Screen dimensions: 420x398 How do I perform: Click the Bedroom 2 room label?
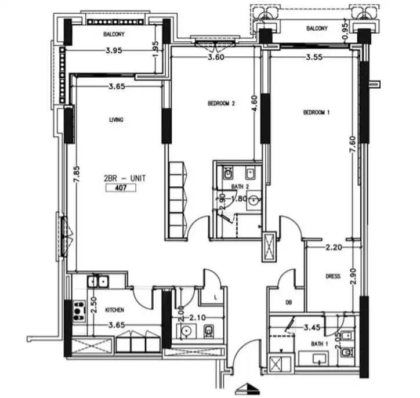point(221,103)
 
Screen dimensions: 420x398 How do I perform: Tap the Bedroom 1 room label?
point(316,112)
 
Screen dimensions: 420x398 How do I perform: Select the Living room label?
point(116,120)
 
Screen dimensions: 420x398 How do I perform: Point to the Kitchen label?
point(115,310)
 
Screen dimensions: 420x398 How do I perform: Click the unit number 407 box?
point(121,188)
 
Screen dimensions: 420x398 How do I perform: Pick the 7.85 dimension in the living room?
point(77,175)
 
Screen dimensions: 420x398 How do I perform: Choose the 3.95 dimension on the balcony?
point(114,50)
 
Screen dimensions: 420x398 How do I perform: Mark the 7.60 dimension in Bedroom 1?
point(353,144)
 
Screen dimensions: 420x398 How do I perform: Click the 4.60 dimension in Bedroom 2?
point(255,104)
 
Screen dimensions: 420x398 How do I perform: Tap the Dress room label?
point(333,276)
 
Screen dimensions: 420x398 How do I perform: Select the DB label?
point(288,302)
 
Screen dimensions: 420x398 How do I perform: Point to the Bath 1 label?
point(320,343)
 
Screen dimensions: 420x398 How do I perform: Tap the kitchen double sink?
point(98,281)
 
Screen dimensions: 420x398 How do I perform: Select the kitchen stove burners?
point(78,312)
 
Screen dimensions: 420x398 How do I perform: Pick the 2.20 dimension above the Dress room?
point(334,247)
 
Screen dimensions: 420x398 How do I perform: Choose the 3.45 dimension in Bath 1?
point(312,327)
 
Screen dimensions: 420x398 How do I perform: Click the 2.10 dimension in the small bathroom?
point(197,318)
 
